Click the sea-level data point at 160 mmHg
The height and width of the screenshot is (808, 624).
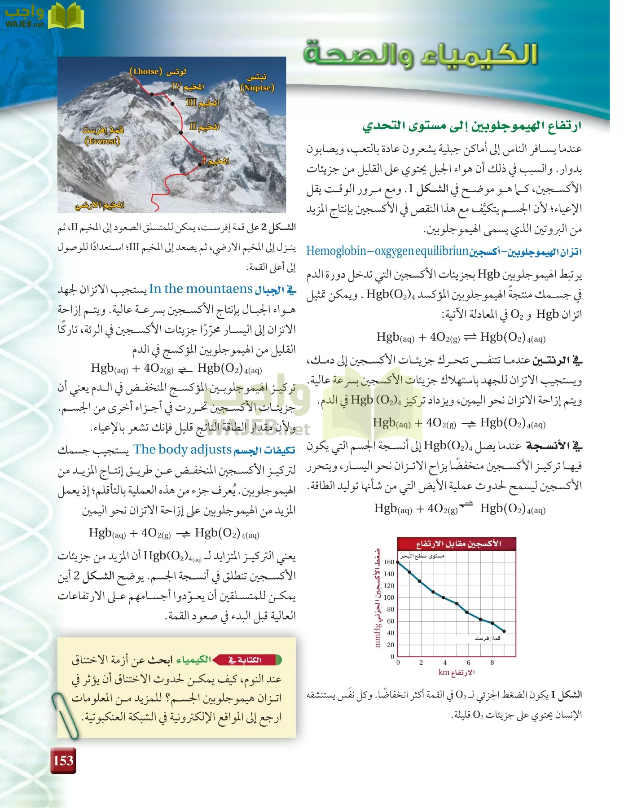pyautogui.click(x=398, y=562)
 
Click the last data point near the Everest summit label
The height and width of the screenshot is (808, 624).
pyautogui.click(x=504, y=631)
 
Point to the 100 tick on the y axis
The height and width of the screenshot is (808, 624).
pyautogui.click(x=389, y=597)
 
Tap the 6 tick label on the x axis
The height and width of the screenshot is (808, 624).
pyautogui.click(x=469, y=663)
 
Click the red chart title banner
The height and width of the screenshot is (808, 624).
pyautogui.click(x=457, y=544)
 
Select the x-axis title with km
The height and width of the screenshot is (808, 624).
pyautogui.click(x=457, y=672)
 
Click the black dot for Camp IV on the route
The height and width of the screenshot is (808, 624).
pyautogui.click(x=152, y=94)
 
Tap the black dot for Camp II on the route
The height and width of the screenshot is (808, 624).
pyautogui.click(x=181, y=132)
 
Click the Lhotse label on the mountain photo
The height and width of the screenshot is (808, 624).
pyautogui.click(x=158, y=72)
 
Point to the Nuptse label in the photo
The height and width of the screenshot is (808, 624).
pyautogui.click(x=257, y=83)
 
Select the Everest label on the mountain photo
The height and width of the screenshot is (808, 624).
pyautogui.click(x=103, y=136)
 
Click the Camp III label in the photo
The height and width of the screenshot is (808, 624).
pyautogui.click(x=203, y=103)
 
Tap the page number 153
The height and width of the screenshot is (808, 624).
pyautogui.click(x=63, y=760)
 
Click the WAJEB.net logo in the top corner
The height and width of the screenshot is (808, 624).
pyautogui.click(x=44, y=17)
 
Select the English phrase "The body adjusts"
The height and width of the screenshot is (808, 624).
pyautogui.click(x=182, y=449)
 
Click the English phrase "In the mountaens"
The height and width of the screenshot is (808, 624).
pyautogui.click(x=201, y=289)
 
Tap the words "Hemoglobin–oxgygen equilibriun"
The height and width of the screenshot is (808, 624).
pyautogui.click(x=387, y=251)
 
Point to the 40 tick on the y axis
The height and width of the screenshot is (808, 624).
pyautogui.click(x=391, y=633)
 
